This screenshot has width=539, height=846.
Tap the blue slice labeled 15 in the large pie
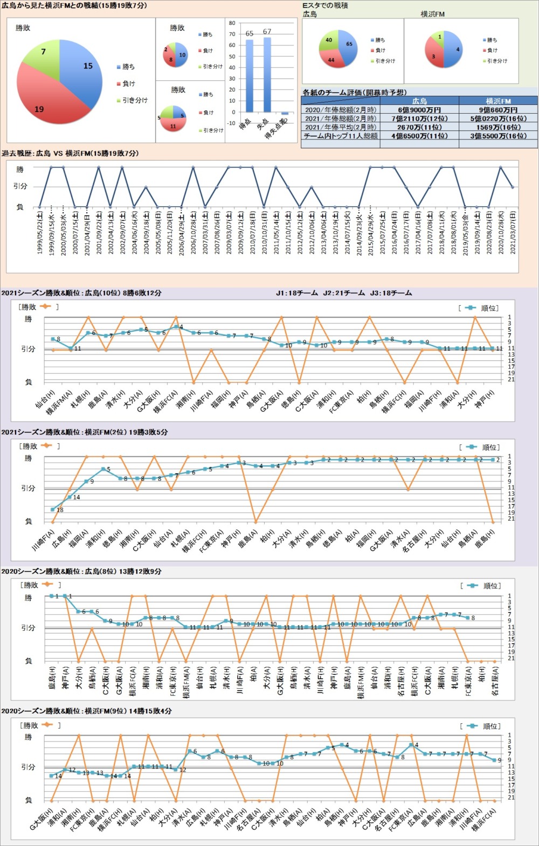pos(84,70)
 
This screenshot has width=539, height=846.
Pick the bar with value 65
pos(249,75)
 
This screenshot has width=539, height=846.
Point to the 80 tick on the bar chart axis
pos(232,23)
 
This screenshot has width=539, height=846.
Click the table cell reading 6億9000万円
pos(419,110)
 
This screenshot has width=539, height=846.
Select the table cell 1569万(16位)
pos(498,127)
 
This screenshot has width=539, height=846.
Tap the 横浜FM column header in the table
pos(498,101)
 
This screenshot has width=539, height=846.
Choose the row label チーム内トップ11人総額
pos(341,136)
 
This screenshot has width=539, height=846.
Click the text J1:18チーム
pos(296,293)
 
